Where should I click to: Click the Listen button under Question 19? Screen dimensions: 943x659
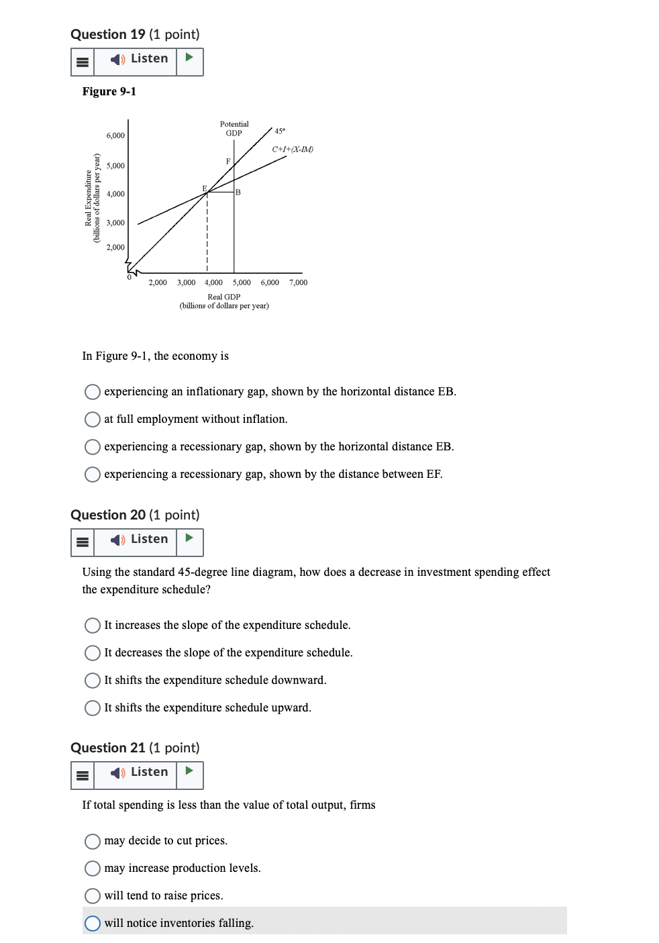coord(140,60)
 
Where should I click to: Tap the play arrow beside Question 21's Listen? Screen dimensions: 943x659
coord(189,771)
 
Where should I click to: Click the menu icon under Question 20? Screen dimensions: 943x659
coord(83,542)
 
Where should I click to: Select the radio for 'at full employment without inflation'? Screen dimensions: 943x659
coord(93,419)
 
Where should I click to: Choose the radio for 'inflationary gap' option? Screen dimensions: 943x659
coord(93,392)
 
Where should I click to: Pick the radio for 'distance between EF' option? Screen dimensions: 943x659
coord(93,475)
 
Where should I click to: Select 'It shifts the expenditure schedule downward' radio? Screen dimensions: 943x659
coord(93,681)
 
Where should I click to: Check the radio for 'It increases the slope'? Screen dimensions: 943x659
coord(93,626)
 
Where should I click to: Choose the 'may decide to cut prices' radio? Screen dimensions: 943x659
coord(93,841)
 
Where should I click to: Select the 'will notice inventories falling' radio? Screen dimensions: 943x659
coord(93,924)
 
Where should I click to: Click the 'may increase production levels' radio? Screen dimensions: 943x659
coord(93,868)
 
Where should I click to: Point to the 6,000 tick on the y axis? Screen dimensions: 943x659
coord(115,136)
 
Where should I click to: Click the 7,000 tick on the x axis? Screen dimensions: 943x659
coord(298,283)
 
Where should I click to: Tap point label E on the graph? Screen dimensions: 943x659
coord(205,189)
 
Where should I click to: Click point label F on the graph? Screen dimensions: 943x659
coord(228,161)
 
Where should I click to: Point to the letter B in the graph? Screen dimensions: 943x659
coord(238,193)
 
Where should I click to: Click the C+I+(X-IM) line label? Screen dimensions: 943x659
coord(293,149)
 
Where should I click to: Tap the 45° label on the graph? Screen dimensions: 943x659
coord(280,131)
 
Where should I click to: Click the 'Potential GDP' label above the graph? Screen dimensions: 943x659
coord(234,128)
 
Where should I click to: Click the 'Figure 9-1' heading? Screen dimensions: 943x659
coord(109,91)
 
